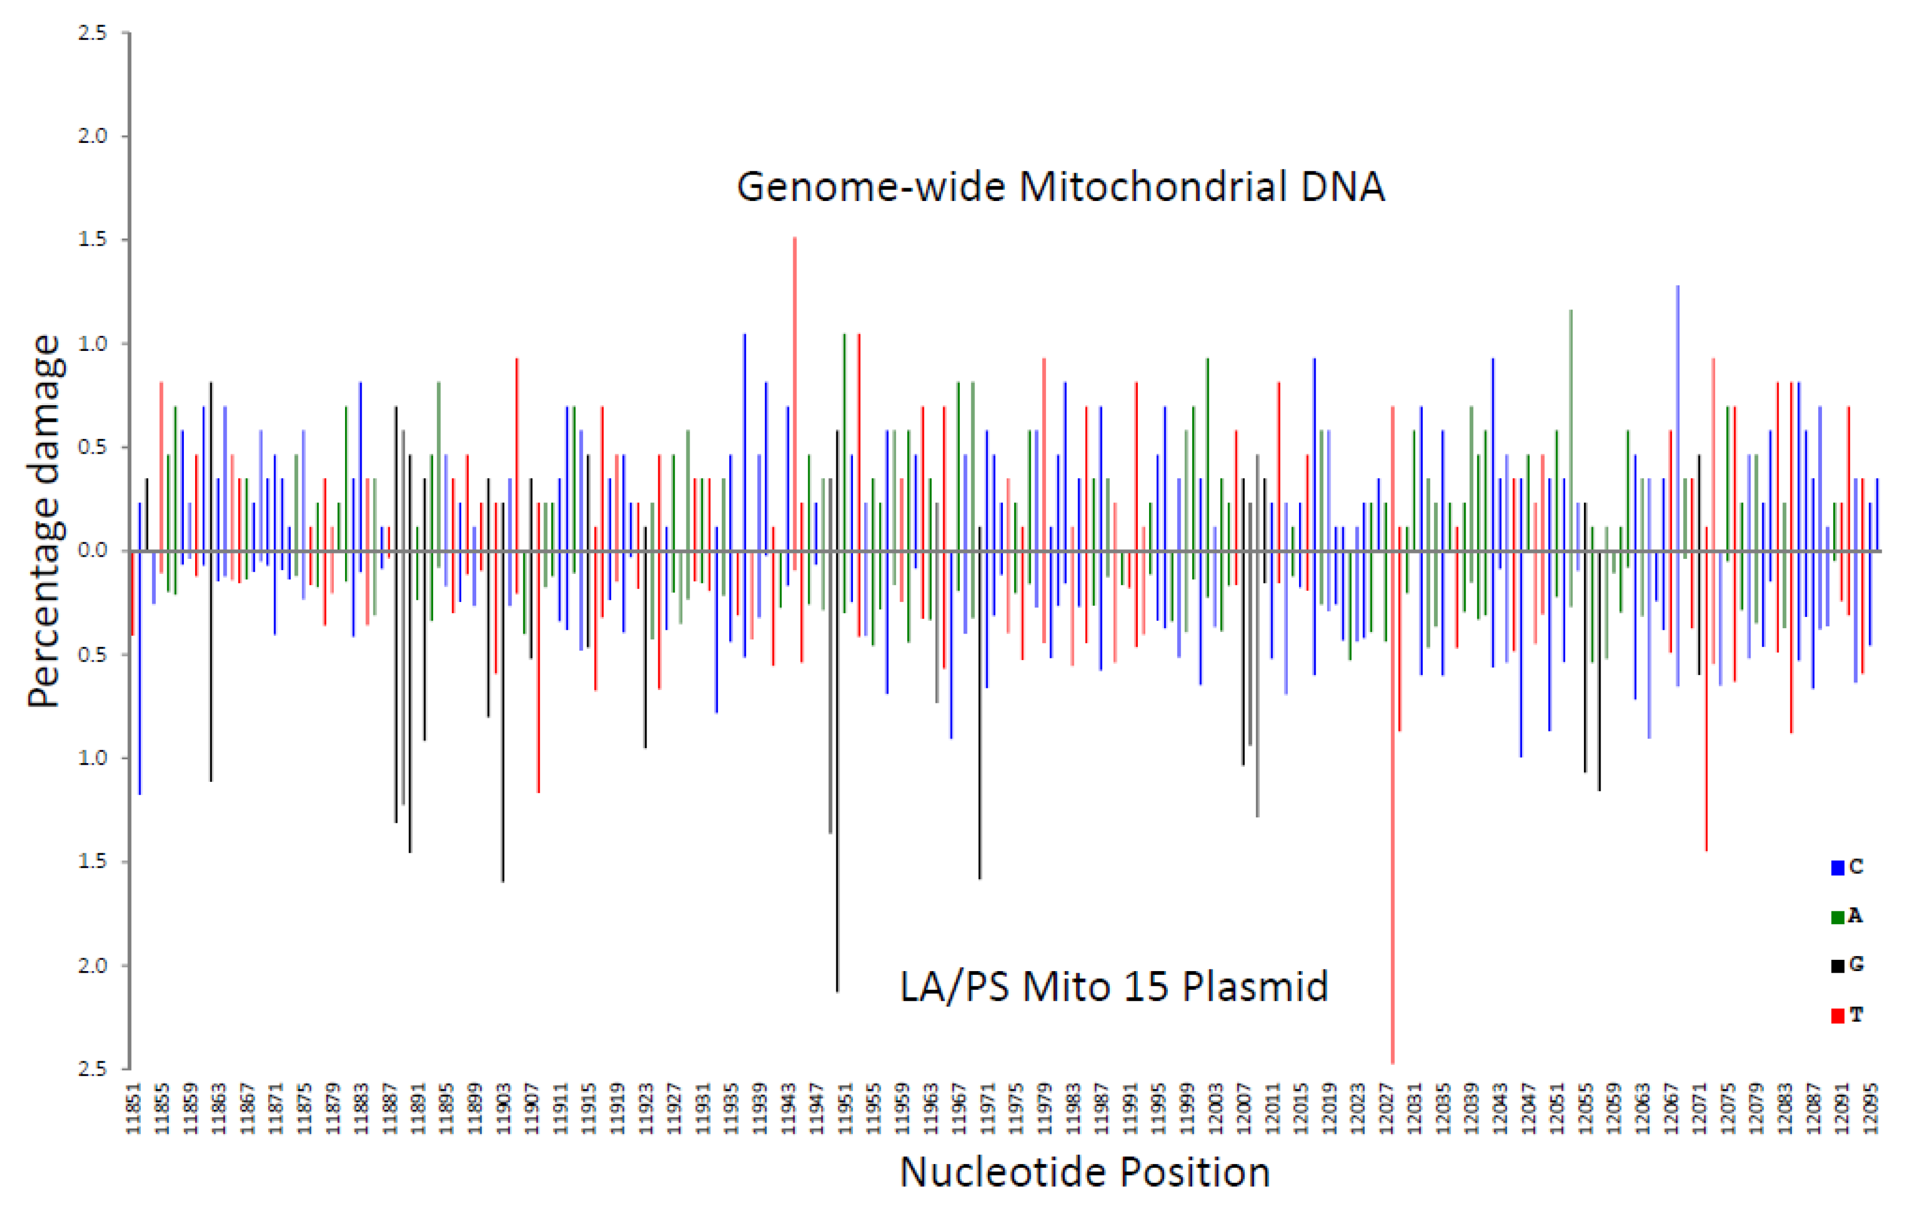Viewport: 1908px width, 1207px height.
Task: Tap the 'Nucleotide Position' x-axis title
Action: pyautogui.click(x=1084, y=1172)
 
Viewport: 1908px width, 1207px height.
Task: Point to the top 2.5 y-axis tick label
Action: pyautogui.click(x=92, y=33)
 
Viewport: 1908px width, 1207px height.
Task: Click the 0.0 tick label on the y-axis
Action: pyautogui.click(x=92, y=551)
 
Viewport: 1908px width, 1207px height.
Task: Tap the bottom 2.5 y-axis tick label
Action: pyautogui.click(x=92, y=1069)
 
